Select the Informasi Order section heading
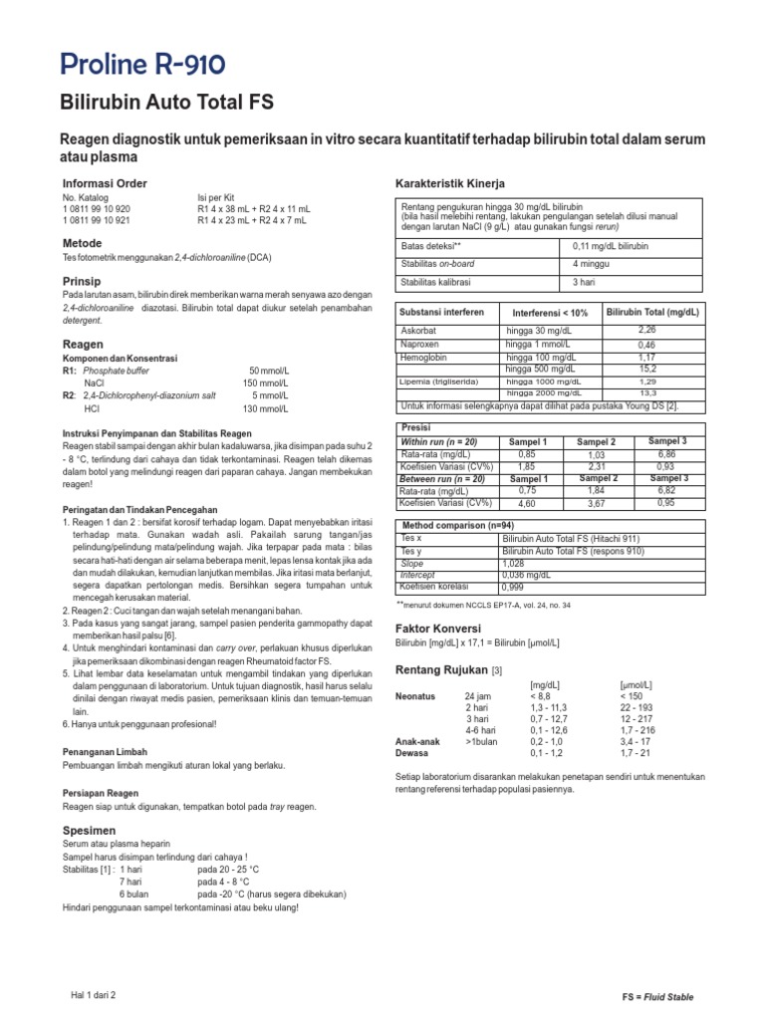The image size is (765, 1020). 105,183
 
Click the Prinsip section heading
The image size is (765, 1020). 81,282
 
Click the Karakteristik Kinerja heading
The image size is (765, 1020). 452,183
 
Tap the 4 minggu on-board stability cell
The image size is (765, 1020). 592,264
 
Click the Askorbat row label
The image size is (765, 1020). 419,331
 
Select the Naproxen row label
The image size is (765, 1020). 420,344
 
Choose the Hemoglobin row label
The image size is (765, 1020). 425,356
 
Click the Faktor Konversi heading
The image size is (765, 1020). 439,629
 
